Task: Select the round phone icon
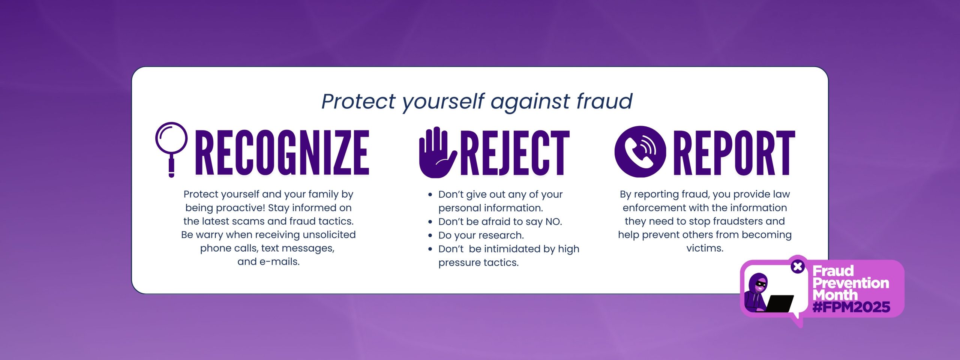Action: (x=640, y=151)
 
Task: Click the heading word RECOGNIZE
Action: (x=282, y=153)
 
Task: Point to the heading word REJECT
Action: (x=515, y=153)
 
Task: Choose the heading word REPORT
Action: (x=734, y=153)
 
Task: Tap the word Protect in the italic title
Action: (x=359, y=102)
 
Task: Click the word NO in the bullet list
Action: (x=553, y=222)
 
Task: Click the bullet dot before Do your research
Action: (x=430, y=236)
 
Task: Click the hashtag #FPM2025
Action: (x=851, y=307)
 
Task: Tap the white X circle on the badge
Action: (x=798, y=267)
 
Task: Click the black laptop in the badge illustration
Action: (x=779, y=303)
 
